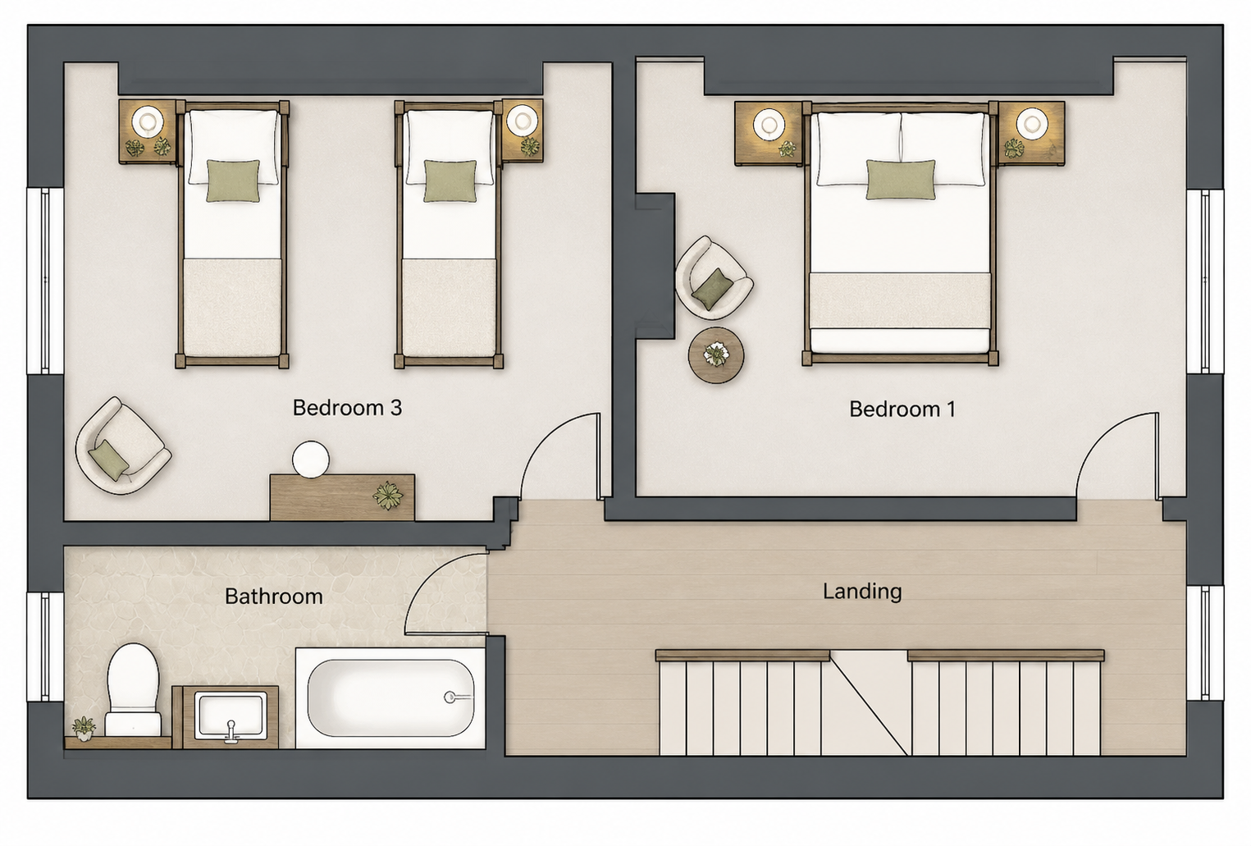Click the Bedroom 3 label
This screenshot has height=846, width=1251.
(347, 408)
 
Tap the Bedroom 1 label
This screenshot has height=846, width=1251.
(902, 409)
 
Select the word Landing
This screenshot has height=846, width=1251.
(862, 592)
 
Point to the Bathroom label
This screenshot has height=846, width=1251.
(274, 597)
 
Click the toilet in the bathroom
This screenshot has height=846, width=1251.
(133, 689)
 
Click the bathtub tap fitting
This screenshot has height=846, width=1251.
(454, 697)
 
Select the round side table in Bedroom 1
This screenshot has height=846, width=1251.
(716, 354)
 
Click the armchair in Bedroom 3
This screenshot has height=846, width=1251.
(123, 446)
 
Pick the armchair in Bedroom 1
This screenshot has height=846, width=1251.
(713, 278)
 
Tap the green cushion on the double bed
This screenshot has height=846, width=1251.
(900, 180)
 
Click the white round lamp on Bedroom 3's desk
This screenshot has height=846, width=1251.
(311, 460)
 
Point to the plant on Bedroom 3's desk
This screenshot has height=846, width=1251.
(387, 495)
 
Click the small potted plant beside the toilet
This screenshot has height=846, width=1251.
(84, 728)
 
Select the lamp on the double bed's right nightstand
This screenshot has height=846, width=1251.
(1031, 124)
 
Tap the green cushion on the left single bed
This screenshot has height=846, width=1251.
(233, 181)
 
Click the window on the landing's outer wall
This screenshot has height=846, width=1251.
(1204, 642)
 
